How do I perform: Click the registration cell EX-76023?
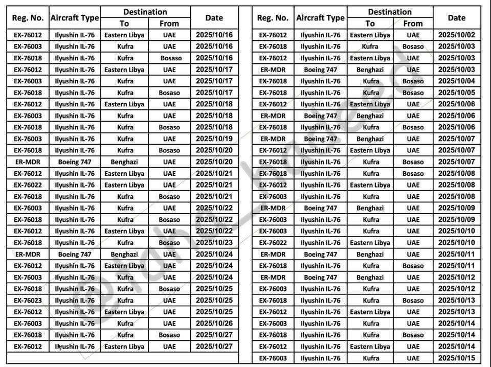(28, 301)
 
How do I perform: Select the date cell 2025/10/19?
(214, 139)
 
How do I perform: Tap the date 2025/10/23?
(214, 243)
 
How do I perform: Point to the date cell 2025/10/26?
(214, 324)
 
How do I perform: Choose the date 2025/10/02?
(456, 35)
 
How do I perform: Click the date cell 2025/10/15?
(456, 358)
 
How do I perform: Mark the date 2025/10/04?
(456, 81)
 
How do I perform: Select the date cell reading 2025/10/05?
(456, 93)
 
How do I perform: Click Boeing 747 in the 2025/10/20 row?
(75, 162)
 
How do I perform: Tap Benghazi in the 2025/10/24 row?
(124, 255)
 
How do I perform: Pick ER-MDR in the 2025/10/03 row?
(273, 70)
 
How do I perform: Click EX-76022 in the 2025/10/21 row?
(28, 185)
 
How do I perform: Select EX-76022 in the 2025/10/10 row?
(273, 243)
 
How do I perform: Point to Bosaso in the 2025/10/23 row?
(169, 243)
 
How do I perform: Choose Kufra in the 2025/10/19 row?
(124, 139)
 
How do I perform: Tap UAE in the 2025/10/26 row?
(169, 324)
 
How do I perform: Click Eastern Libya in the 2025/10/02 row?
(370, 35)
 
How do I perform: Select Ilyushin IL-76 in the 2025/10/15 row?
(320, 358)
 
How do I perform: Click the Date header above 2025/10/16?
(214, 17)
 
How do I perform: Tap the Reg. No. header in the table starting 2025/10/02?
(273, 17)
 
